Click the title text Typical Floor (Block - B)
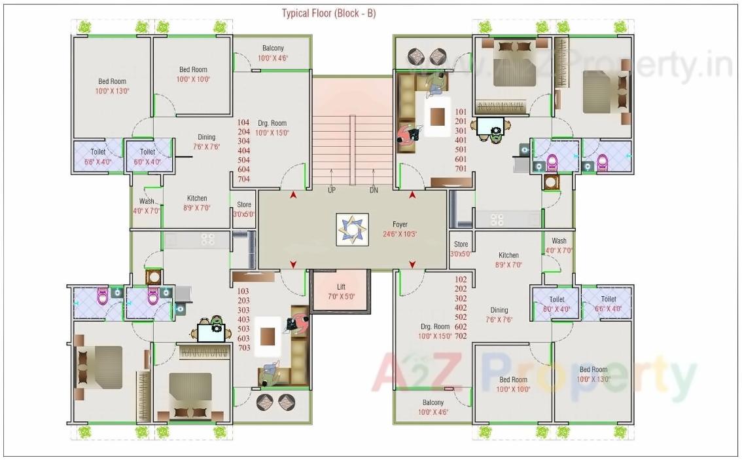pos(328,13)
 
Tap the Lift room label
pos(341,286)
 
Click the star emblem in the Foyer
pos(352,229)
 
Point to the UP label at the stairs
pos(332,190)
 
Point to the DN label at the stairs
pos(374,190)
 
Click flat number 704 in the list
pos(244,179)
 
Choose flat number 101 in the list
pos(461,112)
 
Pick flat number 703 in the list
pos(244,348)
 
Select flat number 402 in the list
pos(461,308)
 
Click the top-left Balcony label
pos(273,48)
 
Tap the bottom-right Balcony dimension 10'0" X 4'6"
pos(433,412)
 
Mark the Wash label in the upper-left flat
pos(147,201)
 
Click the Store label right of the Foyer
pos(461,244)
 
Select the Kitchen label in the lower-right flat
pos(508,256)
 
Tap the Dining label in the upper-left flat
pos(207,137)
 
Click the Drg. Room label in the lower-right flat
pos(435,326)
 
